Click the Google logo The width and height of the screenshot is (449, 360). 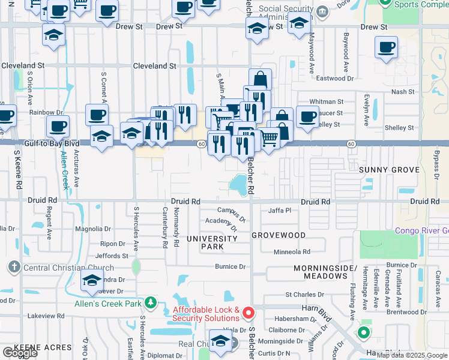pos(20,353)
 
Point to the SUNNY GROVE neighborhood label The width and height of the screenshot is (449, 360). pos(389,170)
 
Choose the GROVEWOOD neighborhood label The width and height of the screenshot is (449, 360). pos(279,235)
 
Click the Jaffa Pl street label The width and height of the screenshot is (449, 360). pos(279,211)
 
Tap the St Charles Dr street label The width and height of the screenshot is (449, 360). pos(304,295)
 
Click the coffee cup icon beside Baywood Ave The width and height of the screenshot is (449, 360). pos(386,47)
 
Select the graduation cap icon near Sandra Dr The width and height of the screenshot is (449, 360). pos(92,280)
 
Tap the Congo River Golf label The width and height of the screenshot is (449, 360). pos(421,230)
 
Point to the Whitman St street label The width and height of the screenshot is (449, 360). pos(326,103)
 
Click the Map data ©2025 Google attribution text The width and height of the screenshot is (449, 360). pos(412,355)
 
